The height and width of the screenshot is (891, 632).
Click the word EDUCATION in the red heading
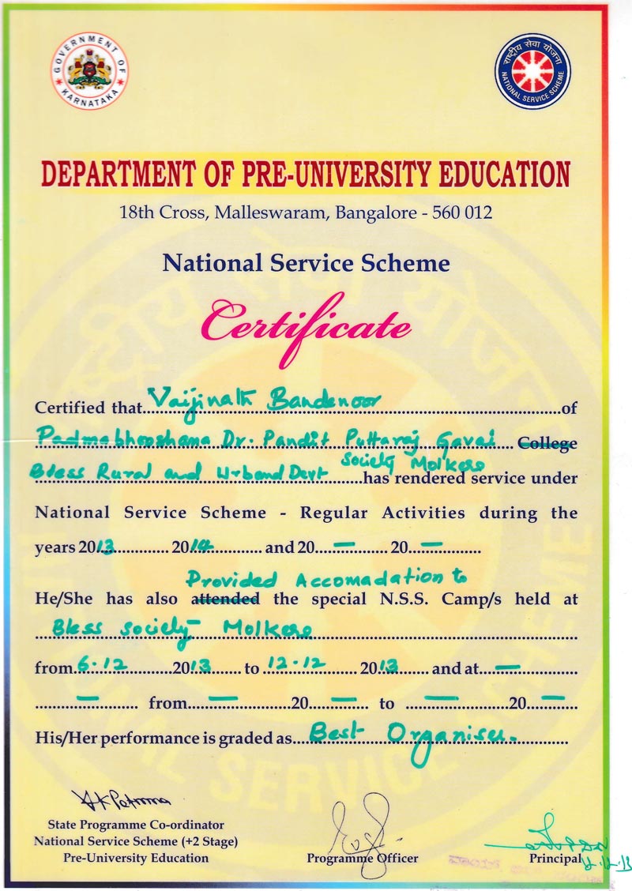tap(489, 175)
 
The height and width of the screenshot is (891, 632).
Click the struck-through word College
tap(547, 444)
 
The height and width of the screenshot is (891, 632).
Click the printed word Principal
tap(555, 858)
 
